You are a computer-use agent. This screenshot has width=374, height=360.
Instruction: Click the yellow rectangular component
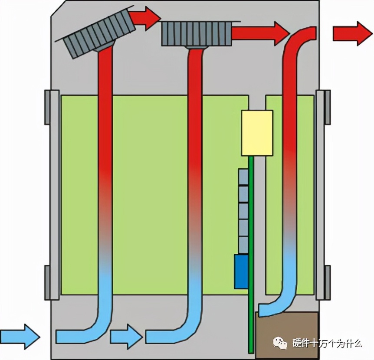[257, 133]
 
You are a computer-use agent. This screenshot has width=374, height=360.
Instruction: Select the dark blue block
[241, 272]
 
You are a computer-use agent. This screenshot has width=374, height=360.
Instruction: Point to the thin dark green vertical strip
[251, 255]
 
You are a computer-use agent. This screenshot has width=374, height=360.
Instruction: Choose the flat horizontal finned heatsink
[197, 34]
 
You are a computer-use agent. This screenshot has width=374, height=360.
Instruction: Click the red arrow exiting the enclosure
[353, 34]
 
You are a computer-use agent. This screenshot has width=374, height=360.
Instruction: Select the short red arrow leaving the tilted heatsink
[145, 19]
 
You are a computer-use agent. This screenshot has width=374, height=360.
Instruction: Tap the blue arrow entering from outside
[20, 337]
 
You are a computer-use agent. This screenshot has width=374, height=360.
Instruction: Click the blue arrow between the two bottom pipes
[126, 337]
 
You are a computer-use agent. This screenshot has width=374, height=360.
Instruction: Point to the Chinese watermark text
[327, 343]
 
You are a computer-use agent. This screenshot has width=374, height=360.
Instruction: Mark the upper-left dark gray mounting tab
[47, 107]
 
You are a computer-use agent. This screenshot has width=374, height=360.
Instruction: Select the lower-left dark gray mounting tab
[47, 282]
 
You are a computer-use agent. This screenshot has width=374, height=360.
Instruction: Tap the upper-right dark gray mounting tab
[328, 107]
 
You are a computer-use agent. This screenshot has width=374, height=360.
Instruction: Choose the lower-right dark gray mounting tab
[328, 282]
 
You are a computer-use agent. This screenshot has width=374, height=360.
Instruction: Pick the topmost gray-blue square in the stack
[243, 177]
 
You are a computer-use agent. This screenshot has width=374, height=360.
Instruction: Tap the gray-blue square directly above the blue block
[243, 245]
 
